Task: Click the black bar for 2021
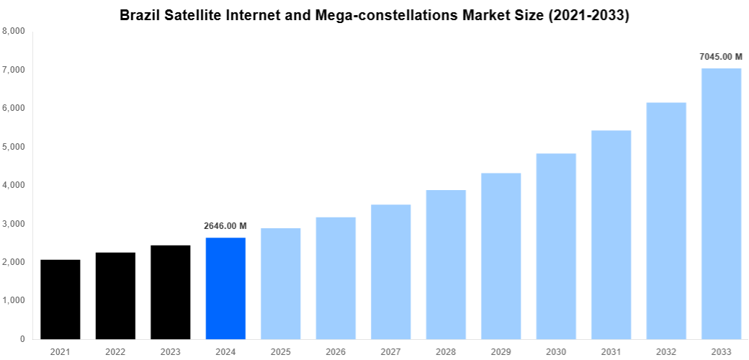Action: pyautogui.click(x=60, y=299)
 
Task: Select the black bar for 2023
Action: pyautogui.click(x=171, y=292)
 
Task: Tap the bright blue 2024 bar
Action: pyautogui.click(x=225, y=288)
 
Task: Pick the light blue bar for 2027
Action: pyautogui.click(x=391, y=271)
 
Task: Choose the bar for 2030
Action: pyautogui.click(x=556, y=246)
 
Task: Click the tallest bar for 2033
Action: pyautogui.click(x=721, y=203)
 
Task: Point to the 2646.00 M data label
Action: pyautogui.click(x=225, y=226)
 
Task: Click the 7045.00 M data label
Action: pyautogui.click(x=721, y=56)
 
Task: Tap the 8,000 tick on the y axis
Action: pyautogui.click(x=14, y=32)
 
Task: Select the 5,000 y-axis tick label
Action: pyautogui.click(x=14, y=147)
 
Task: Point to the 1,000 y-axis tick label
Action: pyautogui.click(x=14, y=300)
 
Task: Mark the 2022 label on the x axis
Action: pyautogui.click(x=115, y=351)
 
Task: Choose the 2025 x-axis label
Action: pyautogui.click(x=281, y=351)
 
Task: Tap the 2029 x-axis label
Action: pyautogui.click(x=501, y=351)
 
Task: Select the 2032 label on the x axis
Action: pyautogui.click(x=666, y=351)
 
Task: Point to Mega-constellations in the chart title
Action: pyautogui.click(x=374, y=15)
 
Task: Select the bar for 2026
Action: pyautogui.click(x=336, y=277)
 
